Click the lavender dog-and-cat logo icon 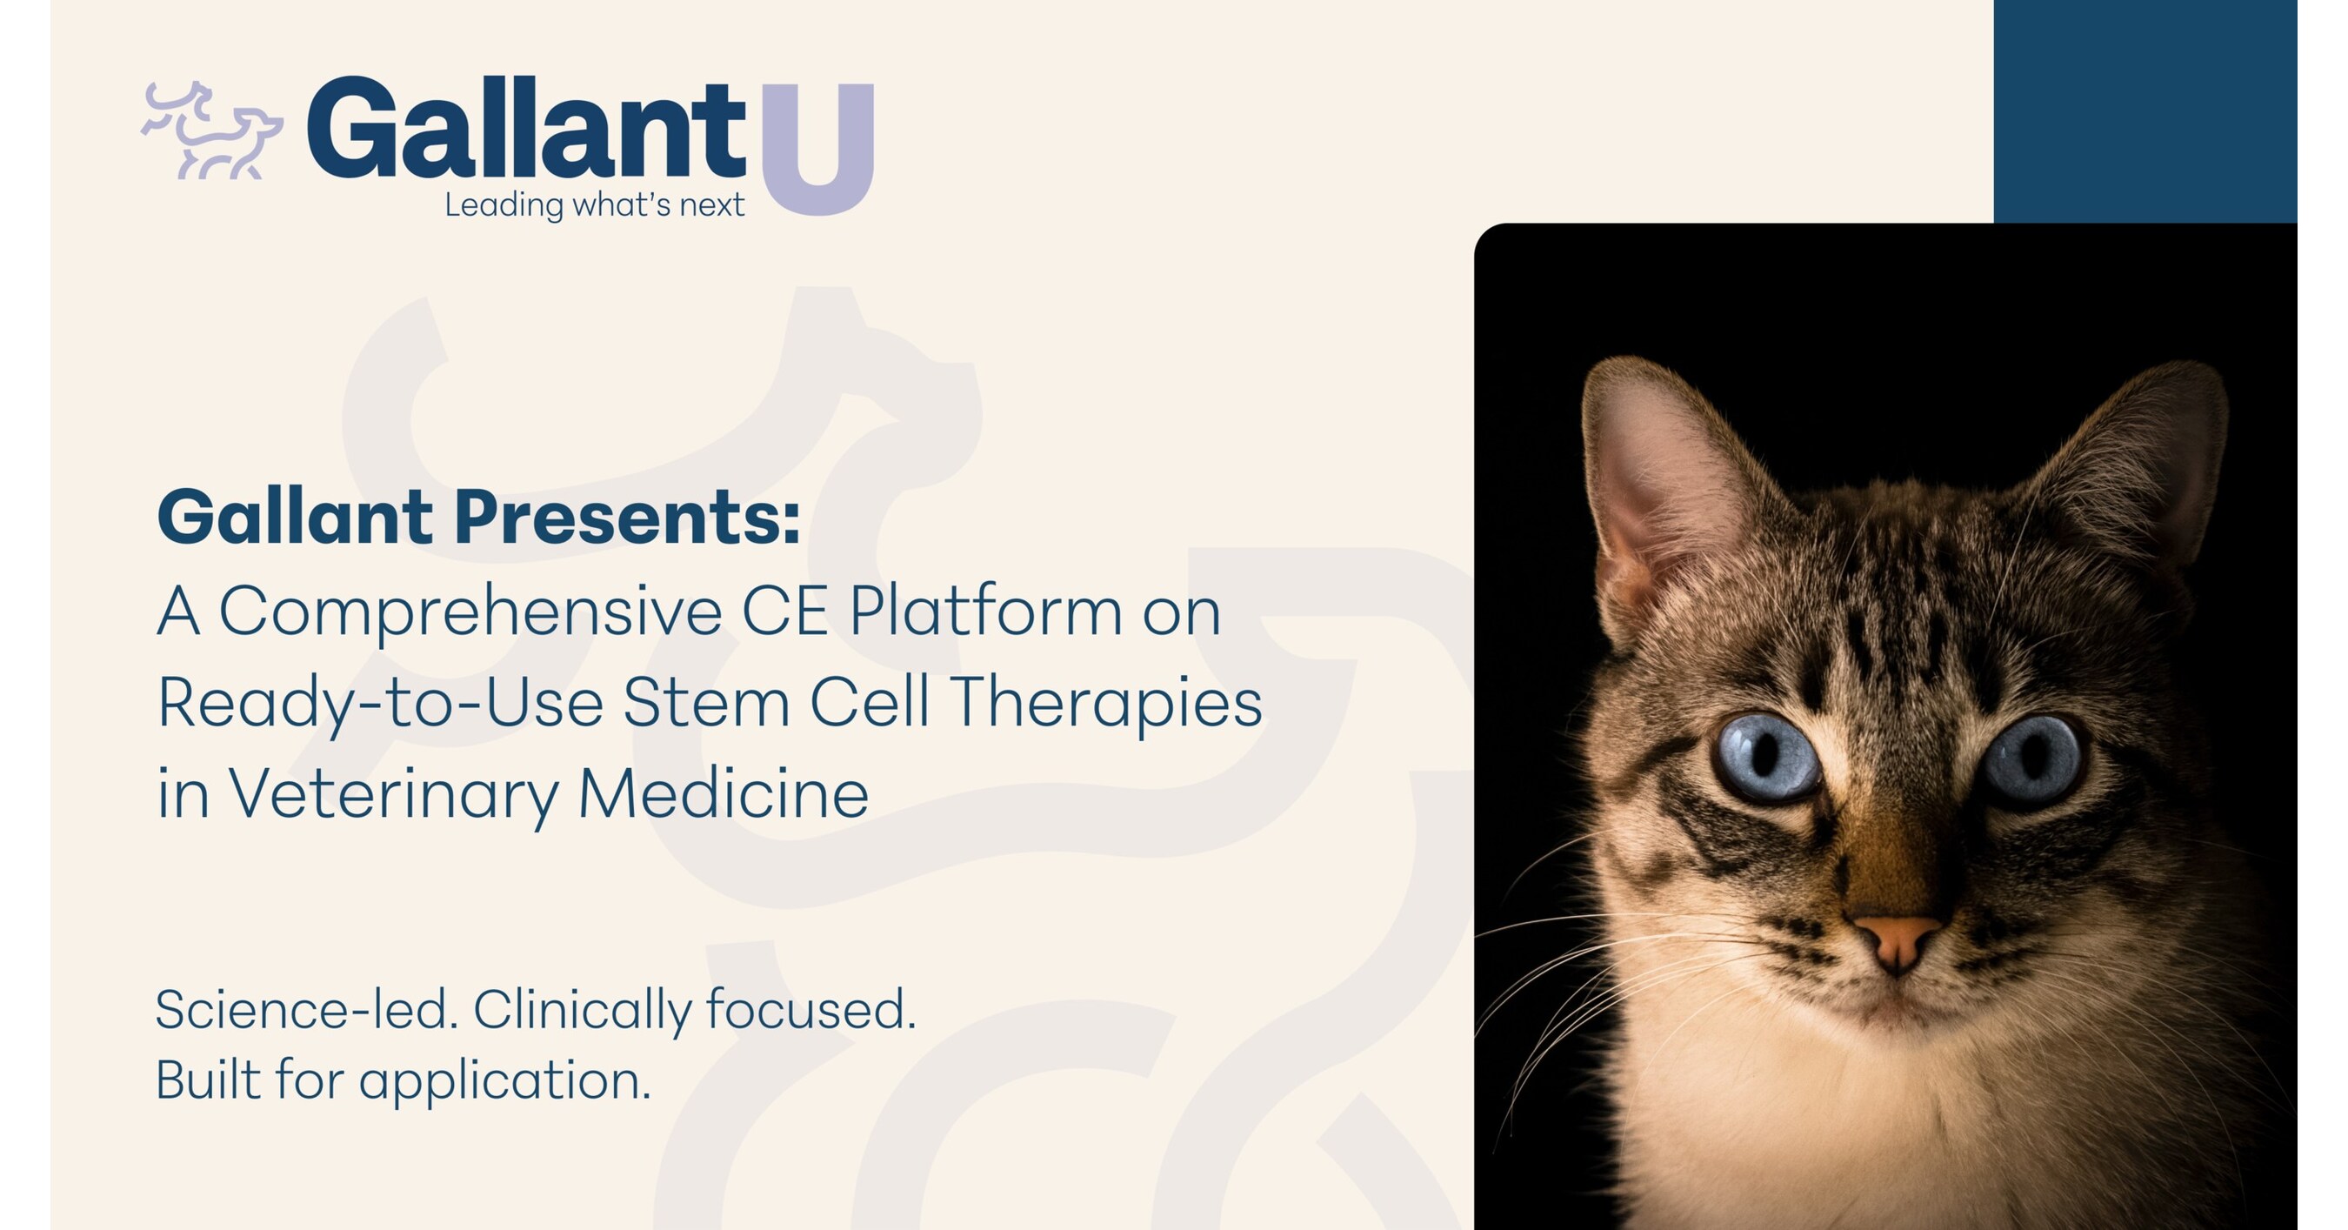click(211, 130)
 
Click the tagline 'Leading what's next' click(594, 205)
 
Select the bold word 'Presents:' click(627, 517)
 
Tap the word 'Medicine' click(724, 792)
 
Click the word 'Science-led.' click(306, 1010)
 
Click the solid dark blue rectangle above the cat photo click(2145, 111)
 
